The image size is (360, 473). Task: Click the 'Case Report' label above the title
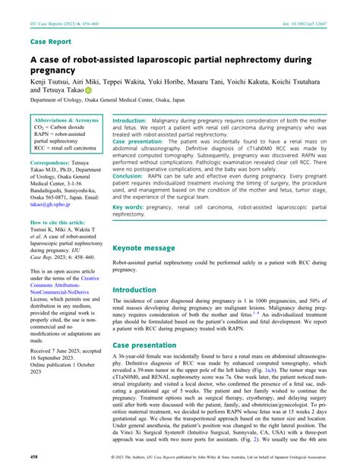click(x=51, y=42)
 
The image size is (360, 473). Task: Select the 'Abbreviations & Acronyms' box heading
click(x=67, y=121)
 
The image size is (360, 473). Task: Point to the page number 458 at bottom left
click(x=34, y=457)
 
